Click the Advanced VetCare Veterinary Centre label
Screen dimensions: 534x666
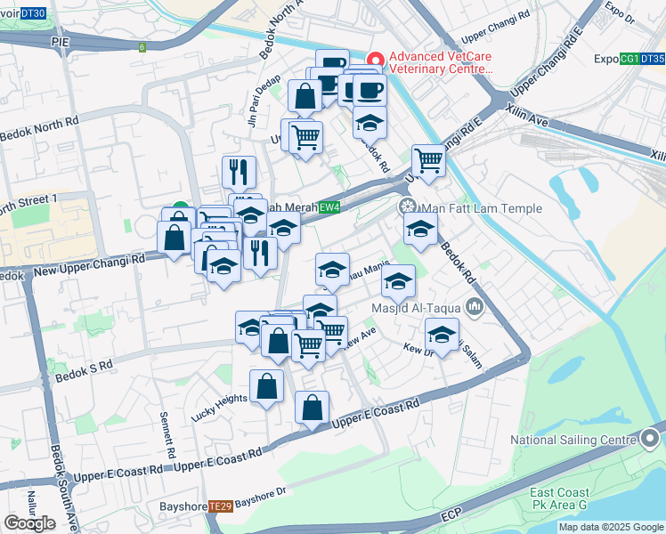point(441,62)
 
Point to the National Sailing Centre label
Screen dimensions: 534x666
point(574,440)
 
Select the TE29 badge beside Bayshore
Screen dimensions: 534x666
point(221,506)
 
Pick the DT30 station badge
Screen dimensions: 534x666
point(32,14)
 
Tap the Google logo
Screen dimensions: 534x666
point(29,523)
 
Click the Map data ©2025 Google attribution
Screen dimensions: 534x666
point(612,527)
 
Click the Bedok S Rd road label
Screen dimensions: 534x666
point(93,365)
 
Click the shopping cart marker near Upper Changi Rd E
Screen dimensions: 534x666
point(428,160)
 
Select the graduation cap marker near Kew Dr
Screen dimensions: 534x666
point(442,335)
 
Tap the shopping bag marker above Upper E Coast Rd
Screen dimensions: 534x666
point(312,409)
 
